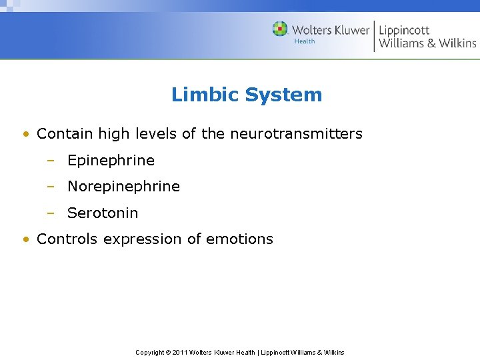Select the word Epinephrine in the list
tap(111, 161)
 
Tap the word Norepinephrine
tap(123, 187)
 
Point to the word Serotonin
tap(103, 213)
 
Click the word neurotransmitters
tap(296, 134)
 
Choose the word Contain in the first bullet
tap(65, 134)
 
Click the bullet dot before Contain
tap(25, 134)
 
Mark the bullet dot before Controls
tap(25, 239)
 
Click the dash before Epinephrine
tap(51, 161)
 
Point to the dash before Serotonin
tap(51, 213)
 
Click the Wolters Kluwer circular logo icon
tap(280, 29)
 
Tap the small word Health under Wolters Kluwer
tap(305, 41)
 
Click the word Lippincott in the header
tap(404, 30)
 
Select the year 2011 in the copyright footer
tap(180, 352)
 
